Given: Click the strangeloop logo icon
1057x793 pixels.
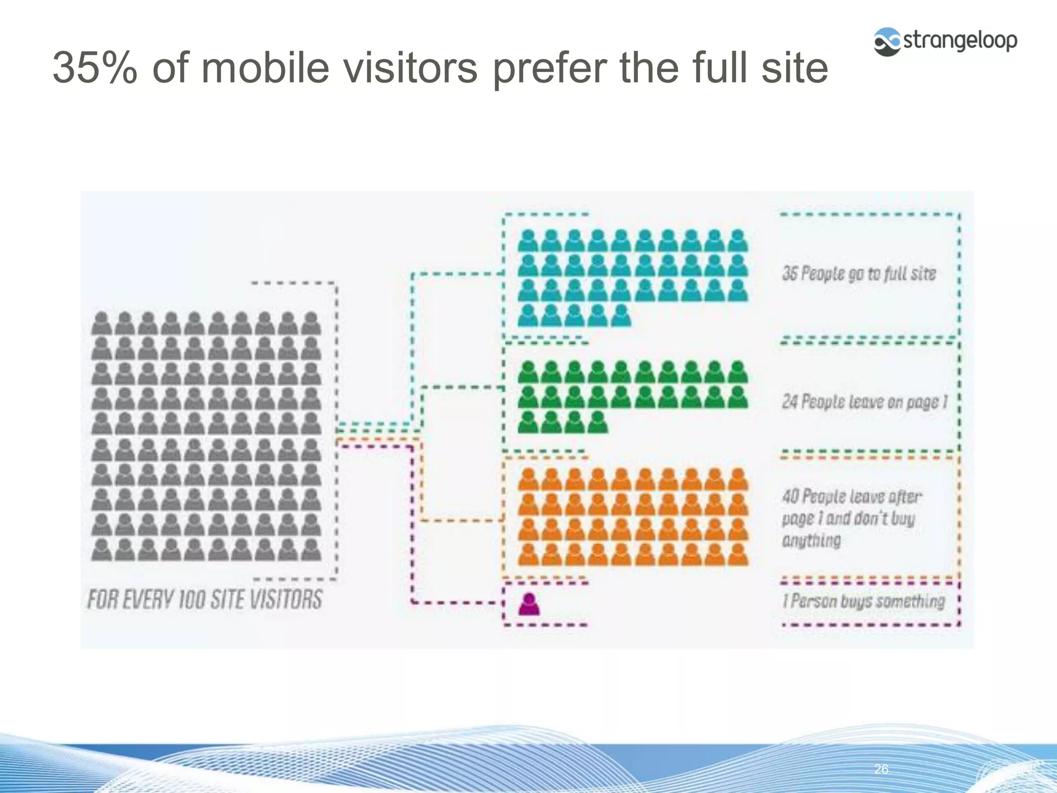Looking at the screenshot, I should tap(887, 42).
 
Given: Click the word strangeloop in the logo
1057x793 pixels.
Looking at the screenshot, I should tap(960, 41).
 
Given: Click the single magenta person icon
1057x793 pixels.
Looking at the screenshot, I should tap(529, 604).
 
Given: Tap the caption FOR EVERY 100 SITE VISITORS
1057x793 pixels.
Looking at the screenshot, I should tap(205, 599).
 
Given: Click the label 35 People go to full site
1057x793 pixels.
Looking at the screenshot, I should tap(859, 274).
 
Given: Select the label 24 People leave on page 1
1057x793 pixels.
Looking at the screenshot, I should tap(865, 402).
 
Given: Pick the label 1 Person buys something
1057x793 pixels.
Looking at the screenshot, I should tap(863, 601).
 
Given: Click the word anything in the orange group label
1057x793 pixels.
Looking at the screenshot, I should tap(811, 541).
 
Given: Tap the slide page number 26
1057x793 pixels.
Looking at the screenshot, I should tap(881, 769).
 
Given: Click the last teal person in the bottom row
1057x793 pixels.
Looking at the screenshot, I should tap(621, 315).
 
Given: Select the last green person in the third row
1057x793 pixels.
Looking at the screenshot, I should tap(598, 422).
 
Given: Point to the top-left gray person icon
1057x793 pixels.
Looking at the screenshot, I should tap(102, 323).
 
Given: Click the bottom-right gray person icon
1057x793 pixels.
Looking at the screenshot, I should tap(311, 550).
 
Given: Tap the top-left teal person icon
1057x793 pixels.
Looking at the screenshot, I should tap(528, 241).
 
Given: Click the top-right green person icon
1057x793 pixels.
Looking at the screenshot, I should tap(738, 372).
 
